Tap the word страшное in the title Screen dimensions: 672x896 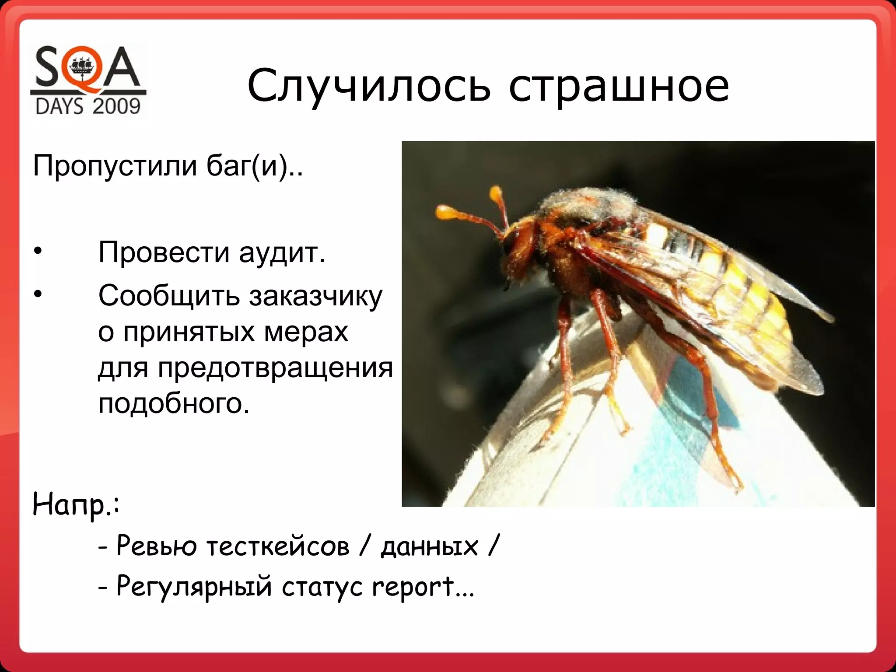coord(619,86)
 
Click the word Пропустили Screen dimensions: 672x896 coord(115,166)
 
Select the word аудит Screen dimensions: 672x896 coord(282,253)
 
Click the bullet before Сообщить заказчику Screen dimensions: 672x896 coord(38,294)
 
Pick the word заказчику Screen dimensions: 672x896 coord(315,296)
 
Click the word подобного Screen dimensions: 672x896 coord(174,403)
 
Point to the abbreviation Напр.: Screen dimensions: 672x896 coord(76,505)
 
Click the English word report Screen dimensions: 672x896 coord(413,587)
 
